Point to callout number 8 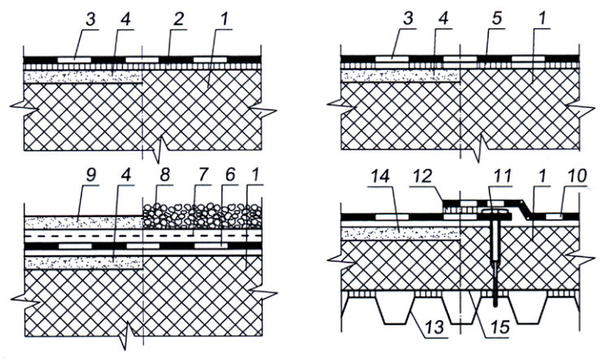(x=164, y=176)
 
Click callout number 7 (x=204, y=176)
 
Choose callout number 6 (x=230, y=176)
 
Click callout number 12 (x=421, y=176)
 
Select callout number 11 (x=501, y=176)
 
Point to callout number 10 (x=576, y=176)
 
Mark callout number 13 (x=436, y=328)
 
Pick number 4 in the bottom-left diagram (x=125, y=176)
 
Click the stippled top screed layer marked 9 (x=84, y=222)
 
